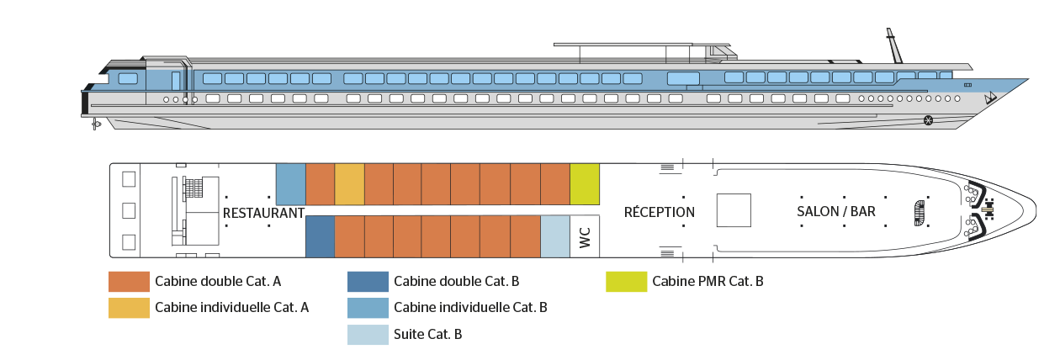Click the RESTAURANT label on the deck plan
click(263, 213)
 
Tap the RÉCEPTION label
click(660, 212)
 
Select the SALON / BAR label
click(836, 211)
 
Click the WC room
click(585, 237)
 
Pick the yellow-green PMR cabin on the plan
click(585, 184)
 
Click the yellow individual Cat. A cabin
click(350, 184)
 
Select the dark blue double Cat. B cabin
click(320, 236)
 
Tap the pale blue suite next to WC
click(555, 236)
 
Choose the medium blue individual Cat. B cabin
click(290, 184)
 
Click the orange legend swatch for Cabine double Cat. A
click(129, 282)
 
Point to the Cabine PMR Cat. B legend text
click(708, 282)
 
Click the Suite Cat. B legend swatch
click(368, 335)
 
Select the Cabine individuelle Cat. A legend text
click(232, 308)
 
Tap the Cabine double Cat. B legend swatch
click(368, 282)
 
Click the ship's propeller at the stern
click(96, 124)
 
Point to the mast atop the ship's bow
click(894, 45)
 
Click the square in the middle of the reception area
click(734, 210)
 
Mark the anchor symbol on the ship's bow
click(990, 98)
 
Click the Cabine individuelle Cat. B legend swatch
click(368, 308)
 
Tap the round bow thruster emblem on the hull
click(928, 120)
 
